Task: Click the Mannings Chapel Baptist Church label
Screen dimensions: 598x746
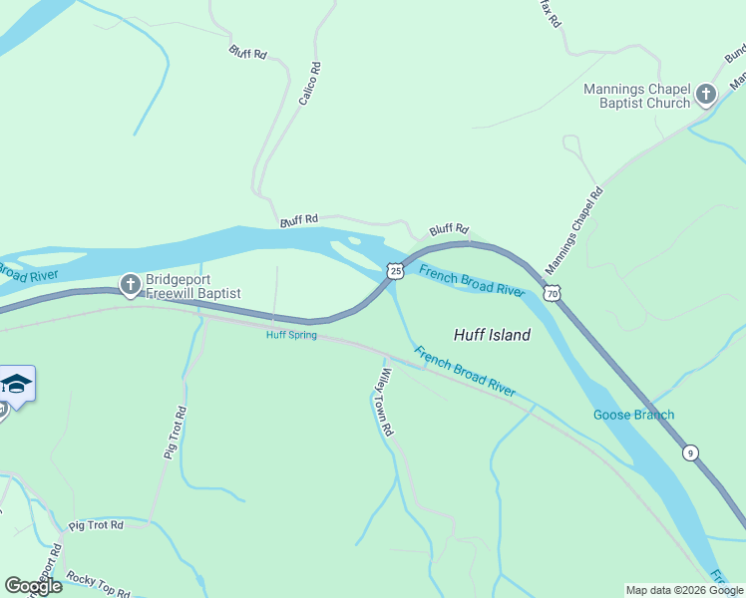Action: [636, 96]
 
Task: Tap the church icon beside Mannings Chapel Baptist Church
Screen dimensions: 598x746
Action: [706, 96]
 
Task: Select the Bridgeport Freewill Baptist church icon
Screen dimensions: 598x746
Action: [130, 286]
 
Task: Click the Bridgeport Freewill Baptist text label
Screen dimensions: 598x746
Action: [193, 286]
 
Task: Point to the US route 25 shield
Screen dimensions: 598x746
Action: [395, 271]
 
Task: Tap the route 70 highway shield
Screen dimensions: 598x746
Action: [553, 293]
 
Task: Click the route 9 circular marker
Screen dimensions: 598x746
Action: [690, 452]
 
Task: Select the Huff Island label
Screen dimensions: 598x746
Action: [492, 335]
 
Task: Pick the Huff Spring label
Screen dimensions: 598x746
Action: [291, 335]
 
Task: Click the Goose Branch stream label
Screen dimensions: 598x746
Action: [633, 415]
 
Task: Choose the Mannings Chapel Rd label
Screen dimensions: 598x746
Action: [574, 232]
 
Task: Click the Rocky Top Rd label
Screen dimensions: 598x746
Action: [97, 584]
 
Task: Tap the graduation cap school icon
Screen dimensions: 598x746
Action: [16, 384]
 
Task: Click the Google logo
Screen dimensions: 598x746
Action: [33, 586]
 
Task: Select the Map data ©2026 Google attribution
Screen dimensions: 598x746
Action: [684, 590]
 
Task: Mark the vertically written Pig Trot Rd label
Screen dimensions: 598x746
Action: [176, 432]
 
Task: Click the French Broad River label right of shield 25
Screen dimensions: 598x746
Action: [472, 281]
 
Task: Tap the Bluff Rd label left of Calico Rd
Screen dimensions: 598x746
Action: [247, 51]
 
